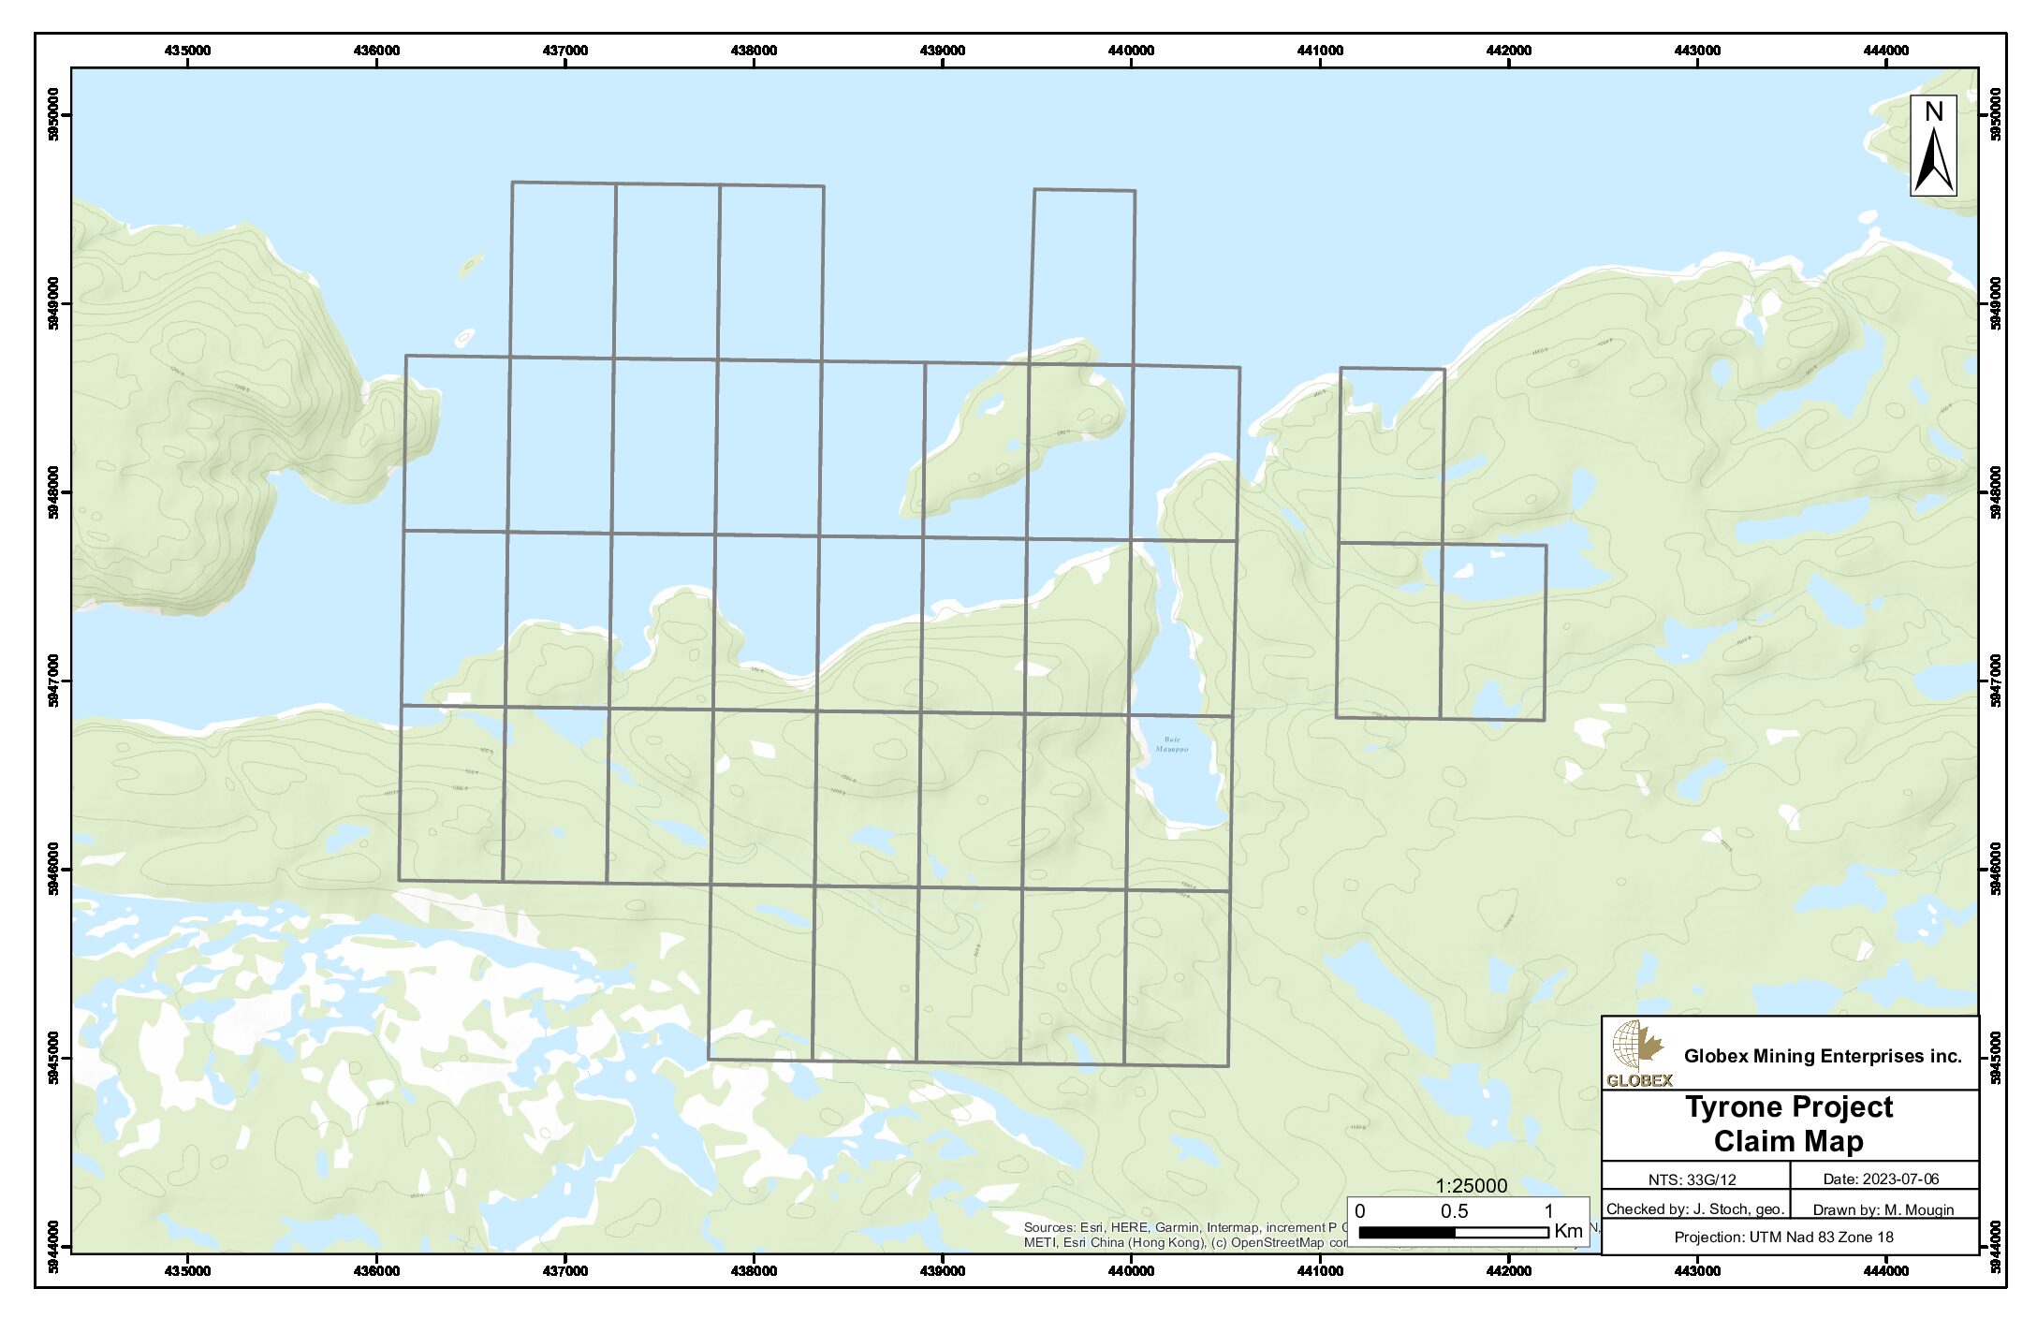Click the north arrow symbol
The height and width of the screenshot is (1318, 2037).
(x=1933, y=147)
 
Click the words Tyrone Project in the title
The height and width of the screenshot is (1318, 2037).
(x=1789, y=1107)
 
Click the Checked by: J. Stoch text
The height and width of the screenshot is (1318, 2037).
(x=1695, y=1209)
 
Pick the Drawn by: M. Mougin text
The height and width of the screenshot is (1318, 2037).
(x=1883, y=1209)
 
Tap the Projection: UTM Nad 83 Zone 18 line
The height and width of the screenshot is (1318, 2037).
(x=1783, y=1237)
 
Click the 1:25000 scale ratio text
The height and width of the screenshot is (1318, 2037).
(x=1472, y=1186)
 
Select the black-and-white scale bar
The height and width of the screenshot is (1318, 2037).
(x=1453, y=1233)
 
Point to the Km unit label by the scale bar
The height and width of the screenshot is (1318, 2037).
(x=1569, y=1232)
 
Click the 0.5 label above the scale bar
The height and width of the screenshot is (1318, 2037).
(x=1454, y=1211)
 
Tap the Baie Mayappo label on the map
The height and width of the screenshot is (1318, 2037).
(x=1171, y=744)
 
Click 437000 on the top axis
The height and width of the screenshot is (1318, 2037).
(x=565, y=51)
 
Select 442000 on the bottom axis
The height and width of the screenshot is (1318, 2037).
(x=1509, y=1270)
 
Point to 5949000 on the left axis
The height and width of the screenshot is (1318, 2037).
(x=52, y=303)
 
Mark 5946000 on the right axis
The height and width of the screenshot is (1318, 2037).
(x=1996, y=870)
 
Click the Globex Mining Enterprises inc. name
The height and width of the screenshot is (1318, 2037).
(x=1822, y=1056)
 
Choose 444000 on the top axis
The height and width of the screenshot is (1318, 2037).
(x=1885, y=51)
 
